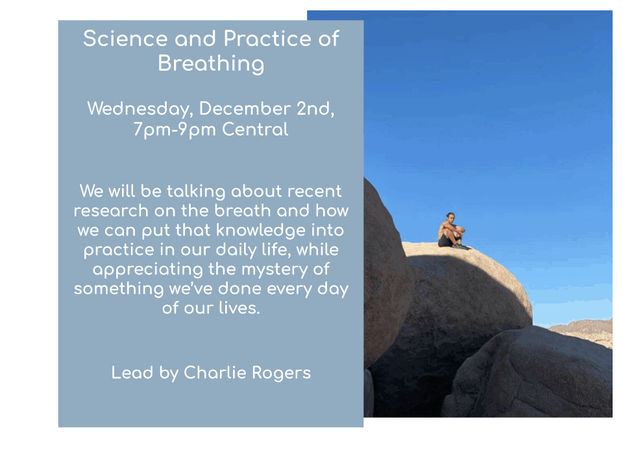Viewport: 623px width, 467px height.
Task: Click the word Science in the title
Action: pyautogui.click(x=125, y=38)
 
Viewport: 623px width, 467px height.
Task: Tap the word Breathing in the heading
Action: pyautogui.click(x=211, y=64)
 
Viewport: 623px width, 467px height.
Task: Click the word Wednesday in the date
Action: pyautogui.click(x=140, y=109)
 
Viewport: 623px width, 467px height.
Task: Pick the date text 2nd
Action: pyautogui.click(x=315, y=109)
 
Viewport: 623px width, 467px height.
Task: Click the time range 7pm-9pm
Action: pyautogui.click(x=175, y=130)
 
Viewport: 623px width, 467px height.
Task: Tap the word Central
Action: pyautogui.click(x=255, y=129)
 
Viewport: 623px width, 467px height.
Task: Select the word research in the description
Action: pyautogui.click(x=111, y=210)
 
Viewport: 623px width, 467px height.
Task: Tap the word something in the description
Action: pyautogui.click(x=119, y=289)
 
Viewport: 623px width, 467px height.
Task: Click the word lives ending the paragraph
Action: pyautogui.click(x=239, y=307)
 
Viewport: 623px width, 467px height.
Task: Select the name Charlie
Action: pyautogui.click(x=215, y=372)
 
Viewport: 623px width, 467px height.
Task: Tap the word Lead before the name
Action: pyautogui.click(x=132, y=372)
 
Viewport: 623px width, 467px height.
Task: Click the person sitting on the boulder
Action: pyautogui.click(x=452, y=231)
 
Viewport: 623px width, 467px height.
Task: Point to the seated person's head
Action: pyautogui.click(x=450, y=217)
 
